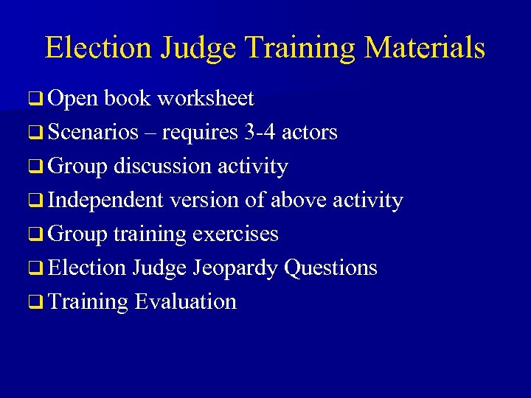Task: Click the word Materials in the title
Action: pos(425,48)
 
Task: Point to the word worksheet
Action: pos(205,99)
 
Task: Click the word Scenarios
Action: pos(94,133)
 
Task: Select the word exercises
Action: pos(235,234)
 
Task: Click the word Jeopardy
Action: pos(235,268)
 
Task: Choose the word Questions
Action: pos(330,268)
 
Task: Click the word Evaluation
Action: pos(185,302)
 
